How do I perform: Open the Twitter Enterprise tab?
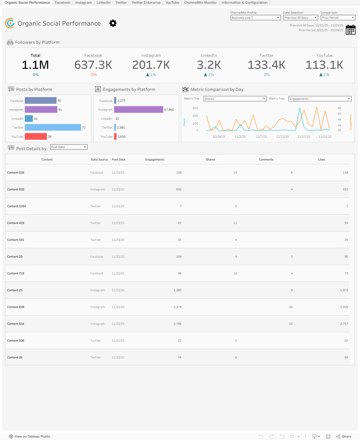(146, 3)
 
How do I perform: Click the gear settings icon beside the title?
(113, 23)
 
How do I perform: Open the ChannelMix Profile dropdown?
(255, 18)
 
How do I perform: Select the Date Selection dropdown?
(301, 18)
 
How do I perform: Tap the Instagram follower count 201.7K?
(151, 65)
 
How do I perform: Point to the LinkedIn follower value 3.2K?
(209, 65)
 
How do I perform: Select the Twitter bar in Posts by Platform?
(53, 127)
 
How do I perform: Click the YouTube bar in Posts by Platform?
(36, 137)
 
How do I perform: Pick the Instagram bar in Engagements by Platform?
(138, 110)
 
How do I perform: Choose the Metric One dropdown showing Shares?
(235, 99)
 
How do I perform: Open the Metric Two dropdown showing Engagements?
(320, 99)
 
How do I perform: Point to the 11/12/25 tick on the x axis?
(282, 137)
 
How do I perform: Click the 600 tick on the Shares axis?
(195, 108)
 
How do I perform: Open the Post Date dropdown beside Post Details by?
(69, 147)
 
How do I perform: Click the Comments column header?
(266, 159)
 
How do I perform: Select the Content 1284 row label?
(17, 206)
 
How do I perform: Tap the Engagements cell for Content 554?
(177, 324)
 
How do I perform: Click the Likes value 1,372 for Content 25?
(344, 290)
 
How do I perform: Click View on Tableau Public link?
(32, 437)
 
